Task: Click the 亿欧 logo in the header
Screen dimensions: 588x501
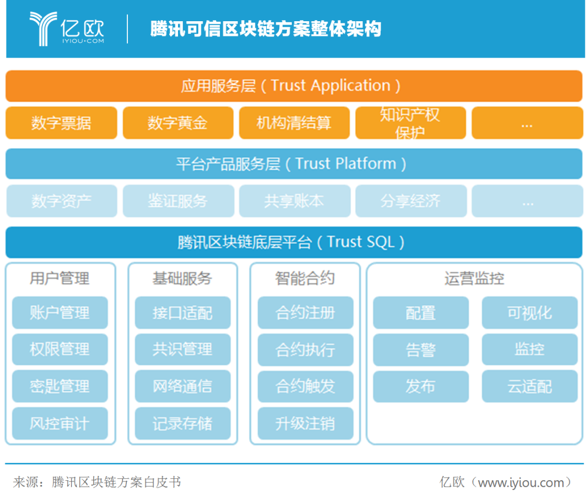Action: tap(67, 28)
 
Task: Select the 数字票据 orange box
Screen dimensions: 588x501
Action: tap(61, 123)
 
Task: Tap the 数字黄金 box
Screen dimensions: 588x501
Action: tap(177, 123)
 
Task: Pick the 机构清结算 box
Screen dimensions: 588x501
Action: tap(294, 123)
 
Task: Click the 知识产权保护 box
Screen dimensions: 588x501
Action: tap(411, 123)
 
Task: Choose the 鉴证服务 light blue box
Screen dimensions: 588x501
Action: tap(178, 201)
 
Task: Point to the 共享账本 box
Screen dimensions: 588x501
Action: tap(295, 201)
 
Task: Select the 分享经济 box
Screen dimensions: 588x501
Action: tap(411, 201)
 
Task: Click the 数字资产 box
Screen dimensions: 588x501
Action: tap(62, 201)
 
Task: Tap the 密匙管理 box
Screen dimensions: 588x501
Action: tap(60, 386)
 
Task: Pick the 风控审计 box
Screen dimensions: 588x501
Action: tap(60, 423)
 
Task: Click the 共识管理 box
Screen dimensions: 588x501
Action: tap(182, 349)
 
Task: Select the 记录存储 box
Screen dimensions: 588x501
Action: tap(182, 423)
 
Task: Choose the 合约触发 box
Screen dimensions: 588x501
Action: tap(305, 386)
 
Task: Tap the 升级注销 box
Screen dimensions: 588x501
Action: tap(305, 423)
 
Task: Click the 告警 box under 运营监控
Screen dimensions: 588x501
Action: tap(421, 350)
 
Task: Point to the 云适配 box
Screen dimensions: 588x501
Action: tap(530, 386)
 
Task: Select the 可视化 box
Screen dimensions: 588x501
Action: tap(530, 313)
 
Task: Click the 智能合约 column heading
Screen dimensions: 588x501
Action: tap(305, 279)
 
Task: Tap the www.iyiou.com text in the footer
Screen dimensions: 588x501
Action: tap(521, 483)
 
